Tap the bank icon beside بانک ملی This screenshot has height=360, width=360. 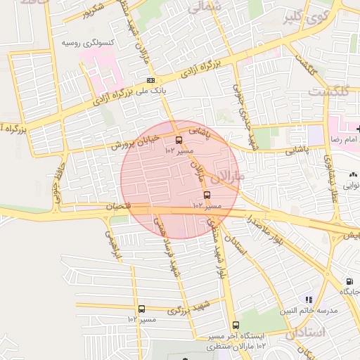(150, 81)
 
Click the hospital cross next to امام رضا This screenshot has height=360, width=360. (358, 129)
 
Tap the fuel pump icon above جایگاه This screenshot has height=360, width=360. (349, 281)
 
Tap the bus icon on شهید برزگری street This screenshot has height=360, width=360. (142, 309)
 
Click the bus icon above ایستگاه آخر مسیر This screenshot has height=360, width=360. (235, 326)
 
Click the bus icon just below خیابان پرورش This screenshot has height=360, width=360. (179, 140)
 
